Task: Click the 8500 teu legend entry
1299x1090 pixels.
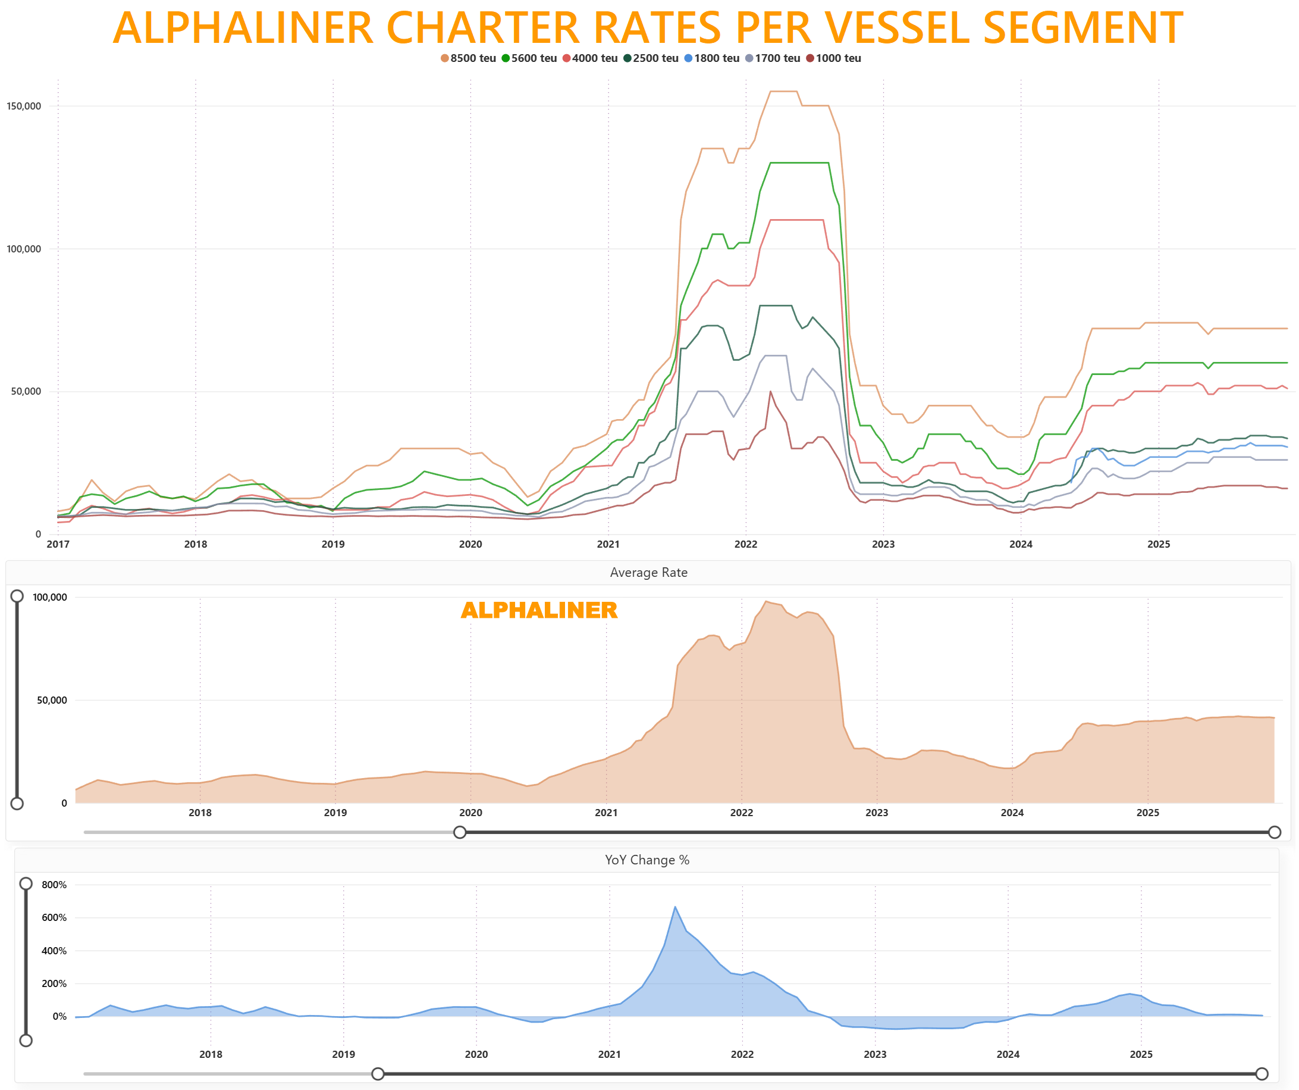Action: (x=468, y=58)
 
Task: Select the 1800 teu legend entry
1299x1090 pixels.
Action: (x=712, y=58)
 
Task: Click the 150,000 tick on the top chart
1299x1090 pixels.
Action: (x=24, y=106)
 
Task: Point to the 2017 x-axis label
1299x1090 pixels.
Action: (x=58, y=544)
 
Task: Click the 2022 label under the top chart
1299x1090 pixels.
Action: (x=745, y=544)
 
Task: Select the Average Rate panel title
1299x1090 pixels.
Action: (x=648, y=573)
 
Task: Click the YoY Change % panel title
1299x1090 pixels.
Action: (x=647, y=860)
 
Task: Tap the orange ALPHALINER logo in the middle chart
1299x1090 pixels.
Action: (x=539, y=610)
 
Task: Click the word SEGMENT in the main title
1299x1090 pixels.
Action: (x=1082, y=28)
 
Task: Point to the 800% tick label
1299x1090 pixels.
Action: (x=54, y=885)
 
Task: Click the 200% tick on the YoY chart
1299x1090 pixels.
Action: (x=54, y=983)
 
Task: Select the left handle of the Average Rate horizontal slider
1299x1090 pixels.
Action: (x=460, y=832)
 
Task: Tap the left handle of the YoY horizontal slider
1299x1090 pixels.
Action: (x=378, y=1074)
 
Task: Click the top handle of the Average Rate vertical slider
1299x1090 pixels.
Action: (x=17, y=596)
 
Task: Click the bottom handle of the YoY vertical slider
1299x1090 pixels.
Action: (x=26, y=1041)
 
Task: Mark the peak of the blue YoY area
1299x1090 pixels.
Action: (x=676, y=907)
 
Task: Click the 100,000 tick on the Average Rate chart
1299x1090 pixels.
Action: (x=49, y=597)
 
